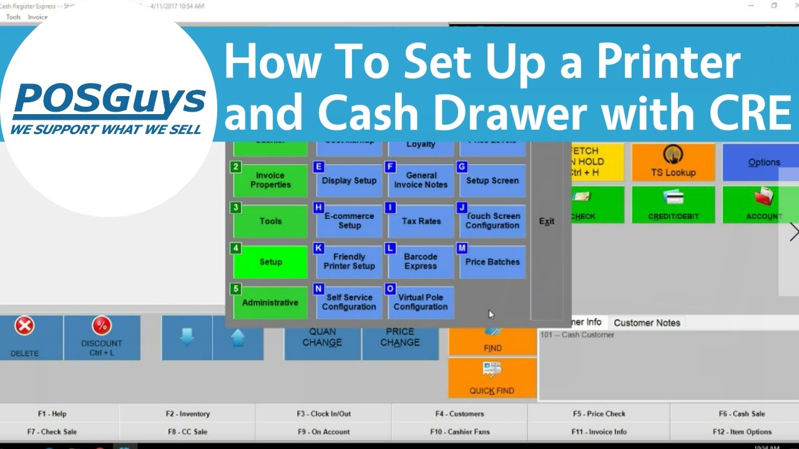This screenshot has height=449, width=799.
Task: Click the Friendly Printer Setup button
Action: coord(349,261)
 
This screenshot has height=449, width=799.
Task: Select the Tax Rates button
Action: coord(421,221)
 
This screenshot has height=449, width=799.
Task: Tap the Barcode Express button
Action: coord(421,261)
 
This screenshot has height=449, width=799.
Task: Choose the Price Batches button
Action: coord(493,261)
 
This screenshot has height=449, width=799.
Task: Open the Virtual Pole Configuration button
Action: coord(421,302)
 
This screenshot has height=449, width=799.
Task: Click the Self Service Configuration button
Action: coord(349,302)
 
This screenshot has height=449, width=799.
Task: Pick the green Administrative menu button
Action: coord(270,302)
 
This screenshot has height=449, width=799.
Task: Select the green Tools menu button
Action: coord(270,221)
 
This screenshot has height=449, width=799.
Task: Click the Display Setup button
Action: coord(349,180)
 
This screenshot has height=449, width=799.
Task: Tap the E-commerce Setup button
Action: coord(349,221)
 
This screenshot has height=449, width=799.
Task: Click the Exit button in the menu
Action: coord(547,221)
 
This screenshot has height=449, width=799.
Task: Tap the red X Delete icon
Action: coord(24,326)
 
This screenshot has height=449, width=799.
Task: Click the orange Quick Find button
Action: coord(492,378)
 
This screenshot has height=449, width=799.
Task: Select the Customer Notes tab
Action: coord(647,322)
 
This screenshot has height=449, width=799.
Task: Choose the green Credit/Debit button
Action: coord(674,205)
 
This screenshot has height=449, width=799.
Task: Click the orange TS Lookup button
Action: coord(674,162)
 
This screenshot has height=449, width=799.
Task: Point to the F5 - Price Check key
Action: coord(599,413)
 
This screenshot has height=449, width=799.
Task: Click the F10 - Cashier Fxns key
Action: coord(460,432)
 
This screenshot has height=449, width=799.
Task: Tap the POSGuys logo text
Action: coord(109,102)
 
